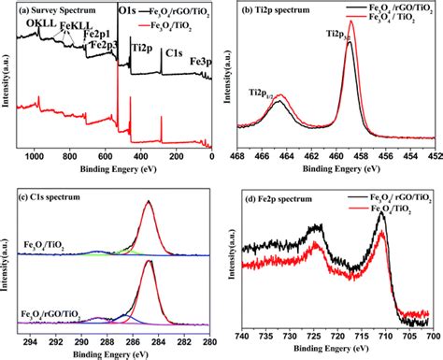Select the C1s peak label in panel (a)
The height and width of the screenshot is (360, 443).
(173, 54)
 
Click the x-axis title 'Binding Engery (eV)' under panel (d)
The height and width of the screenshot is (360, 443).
(335, 351)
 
